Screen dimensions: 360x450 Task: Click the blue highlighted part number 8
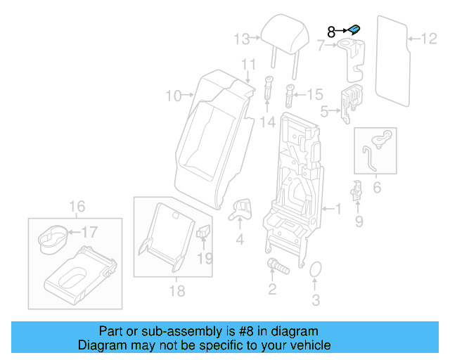pos(355,29)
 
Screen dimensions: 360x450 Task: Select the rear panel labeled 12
pos(392,56)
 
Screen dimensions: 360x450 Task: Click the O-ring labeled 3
pos(316,271)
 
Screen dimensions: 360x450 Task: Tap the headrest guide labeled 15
pos(290,93)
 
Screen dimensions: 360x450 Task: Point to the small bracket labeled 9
pos(358,191)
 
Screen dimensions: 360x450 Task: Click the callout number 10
pos(173,96)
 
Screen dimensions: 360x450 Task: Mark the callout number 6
pos(376,188)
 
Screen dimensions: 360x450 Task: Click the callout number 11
pos(247,65)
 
